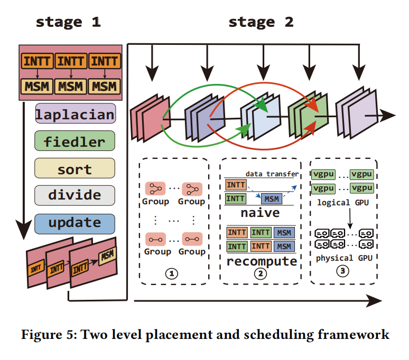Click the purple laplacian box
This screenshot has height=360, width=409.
pyautogui.click(x=76, y=113)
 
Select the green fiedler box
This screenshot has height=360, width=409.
pyautogui.click(x=75, y=141)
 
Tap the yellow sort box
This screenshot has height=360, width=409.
pyautogui.click(x=75, y=168)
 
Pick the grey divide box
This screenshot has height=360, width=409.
pyautogui.click(x=75, y=195)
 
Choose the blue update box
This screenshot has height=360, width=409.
pyautogui.click(x=75, y=224)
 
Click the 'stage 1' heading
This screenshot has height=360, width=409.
pyautogui.click(x=68, y=22)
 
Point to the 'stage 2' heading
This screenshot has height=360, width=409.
pyautogui.click(x=261, y=22)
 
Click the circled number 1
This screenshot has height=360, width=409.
pyautogui.click(x=172, y=273)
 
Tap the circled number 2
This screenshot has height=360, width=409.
pyautogui.click(x=261, y=273)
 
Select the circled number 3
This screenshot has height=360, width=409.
pyautogui.click(x=342, y=271)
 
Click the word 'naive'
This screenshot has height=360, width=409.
pyautogui.click(x=260, y=213)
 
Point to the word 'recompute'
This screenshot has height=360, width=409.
pyautogui.click(x=262, y=261)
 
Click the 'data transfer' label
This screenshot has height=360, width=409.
pyautogui.click(x=272, y=174)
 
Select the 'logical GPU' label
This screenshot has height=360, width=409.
pyautogui.click(x=343, y=203)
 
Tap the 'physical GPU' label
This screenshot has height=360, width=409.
pyautogui.click(x=344, y=258)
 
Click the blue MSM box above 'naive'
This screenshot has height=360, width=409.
pyautogui.click(x=272, y=199)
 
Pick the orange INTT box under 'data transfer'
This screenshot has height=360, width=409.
pyautogui.click(x=236, y=185)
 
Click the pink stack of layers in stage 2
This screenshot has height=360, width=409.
pyautogui.click(x=151, y=118)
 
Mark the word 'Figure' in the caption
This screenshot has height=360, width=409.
pyautogui.click(x=41, y=335)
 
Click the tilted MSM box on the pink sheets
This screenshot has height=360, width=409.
pyautogui.click(x=107, y=255)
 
